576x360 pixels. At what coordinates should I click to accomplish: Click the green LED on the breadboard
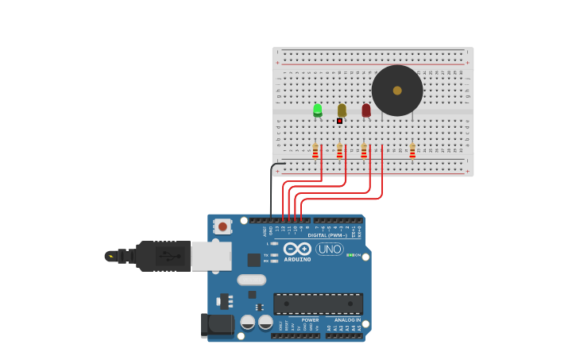pyautogui.click(x=318, y=110)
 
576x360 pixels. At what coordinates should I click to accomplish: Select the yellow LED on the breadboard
pyautogui.click(x=342, y=110)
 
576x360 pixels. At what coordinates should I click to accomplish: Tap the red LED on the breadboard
pyautogui.click(x=366, y=110)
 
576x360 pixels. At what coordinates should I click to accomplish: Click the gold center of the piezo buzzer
pyautogui.click(x=397, y=91)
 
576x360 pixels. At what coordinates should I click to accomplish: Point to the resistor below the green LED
pyautogui.click(x=315, y=150)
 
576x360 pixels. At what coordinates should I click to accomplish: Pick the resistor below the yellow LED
pyautogui.click(x=340, y=150)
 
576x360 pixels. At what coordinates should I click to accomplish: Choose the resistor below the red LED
pyautogui.click(x=364, y=150)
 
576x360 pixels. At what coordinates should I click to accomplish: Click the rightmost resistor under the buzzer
pyautogui.click(x=412, y=150)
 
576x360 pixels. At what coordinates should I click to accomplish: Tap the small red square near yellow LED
pyautogui.click(x=339, y=121)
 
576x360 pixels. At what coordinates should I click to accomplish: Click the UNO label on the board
pyautogui.click(x=330, y=249)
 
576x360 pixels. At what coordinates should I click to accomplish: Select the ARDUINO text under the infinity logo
pyautogui.click(x=298, y=259)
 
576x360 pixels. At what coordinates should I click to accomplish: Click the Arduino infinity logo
pyautogui.click(x=298, y=249)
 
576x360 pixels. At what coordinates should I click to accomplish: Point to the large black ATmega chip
pyautogui.click(x=318, y=304)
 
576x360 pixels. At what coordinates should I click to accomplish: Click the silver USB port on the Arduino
pyautogui.click(x=211, y=256)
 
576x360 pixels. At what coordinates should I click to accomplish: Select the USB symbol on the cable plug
pyautogui.click(x=168, y=256)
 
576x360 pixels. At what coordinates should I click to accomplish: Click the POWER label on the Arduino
pyautogui.click(x=310, y=320)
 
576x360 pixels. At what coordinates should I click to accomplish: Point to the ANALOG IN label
pyautogui.click(x=347, y=320)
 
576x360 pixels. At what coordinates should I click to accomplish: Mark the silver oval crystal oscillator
pyautogui.click(x=251, y=280)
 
